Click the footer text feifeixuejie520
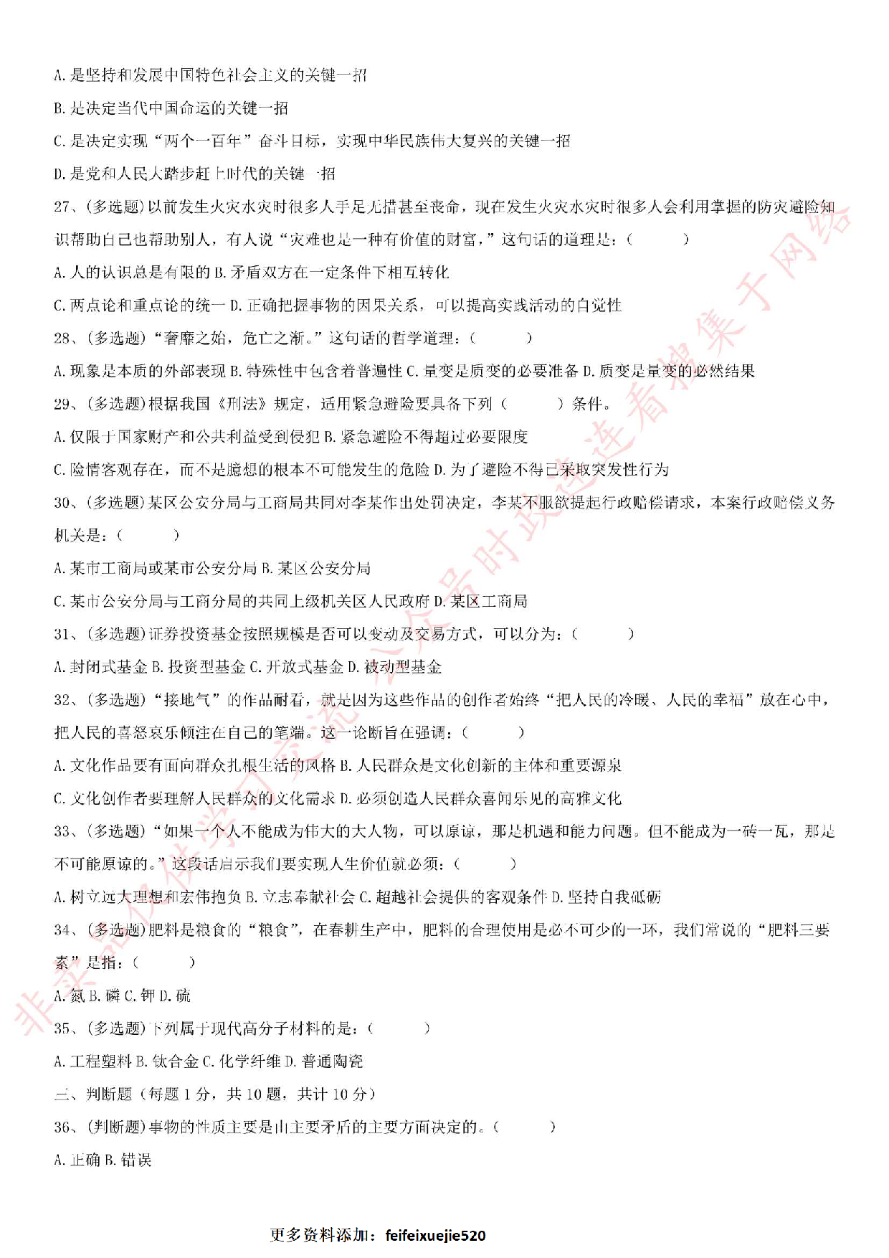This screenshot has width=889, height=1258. tap(435, 1235)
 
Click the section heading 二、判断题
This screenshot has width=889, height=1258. tap(93, 1094)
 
